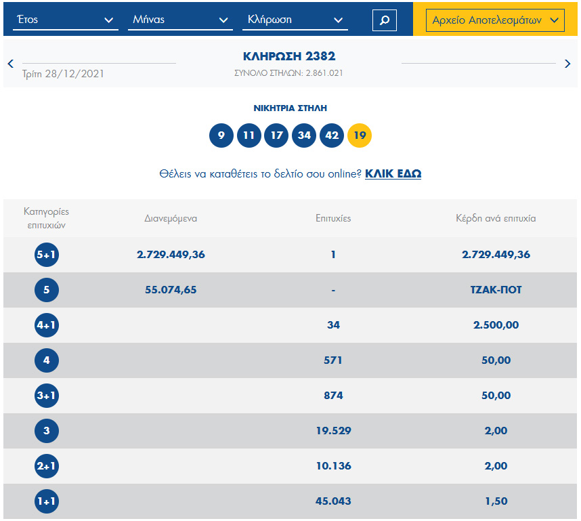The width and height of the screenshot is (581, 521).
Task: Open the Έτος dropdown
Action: point(65,20)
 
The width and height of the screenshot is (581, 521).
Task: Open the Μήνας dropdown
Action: point(179,20)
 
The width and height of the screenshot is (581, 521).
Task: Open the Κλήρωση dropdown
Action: point(295,20)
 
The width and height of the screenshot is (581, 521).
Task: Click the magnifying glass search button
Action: point(384,20)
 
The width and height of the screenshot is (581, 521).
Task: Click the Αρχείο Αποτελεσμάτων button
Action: point(495,20)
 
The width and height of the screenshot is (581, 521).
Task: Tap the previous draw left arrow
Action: point(11,64)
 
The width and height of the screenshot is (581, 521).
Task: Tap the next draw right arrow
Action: point(567,64)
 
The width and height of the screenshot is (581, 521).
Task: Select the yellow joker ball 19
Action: point(360,136)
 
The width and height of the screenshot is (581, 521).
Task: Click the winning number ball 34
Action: point(304,136)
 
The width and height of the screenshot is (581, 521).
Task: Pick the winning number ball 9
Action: point(221,136)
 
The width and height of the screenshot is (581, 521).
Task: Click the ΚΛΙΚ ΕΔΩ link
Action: point(393,174)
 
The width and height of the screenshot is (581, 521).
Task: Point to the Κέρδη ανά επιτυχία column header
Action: point(496,218)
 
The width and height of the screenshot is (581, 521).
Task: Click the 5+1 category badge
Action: point(47,255)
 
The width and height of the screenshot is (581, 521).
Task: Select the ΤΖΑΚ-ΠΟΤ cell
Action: point(496,290)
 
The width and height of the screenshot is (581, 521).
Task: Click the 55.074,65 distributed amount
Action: point(171,290)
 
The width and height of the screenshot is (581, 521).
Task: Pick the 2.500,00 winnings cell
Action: point(496,325)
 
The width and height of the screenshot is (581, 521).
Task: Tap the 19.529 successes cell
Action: point(333,431)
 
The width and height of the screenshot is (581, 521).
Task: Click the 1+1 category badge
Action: point(47,501)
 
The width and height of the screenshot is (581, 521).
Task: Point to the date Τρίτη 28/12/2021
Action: point(64,73)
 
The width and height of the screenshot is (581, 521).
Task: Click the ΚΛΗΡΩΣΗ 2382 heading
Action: point(289,57)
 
